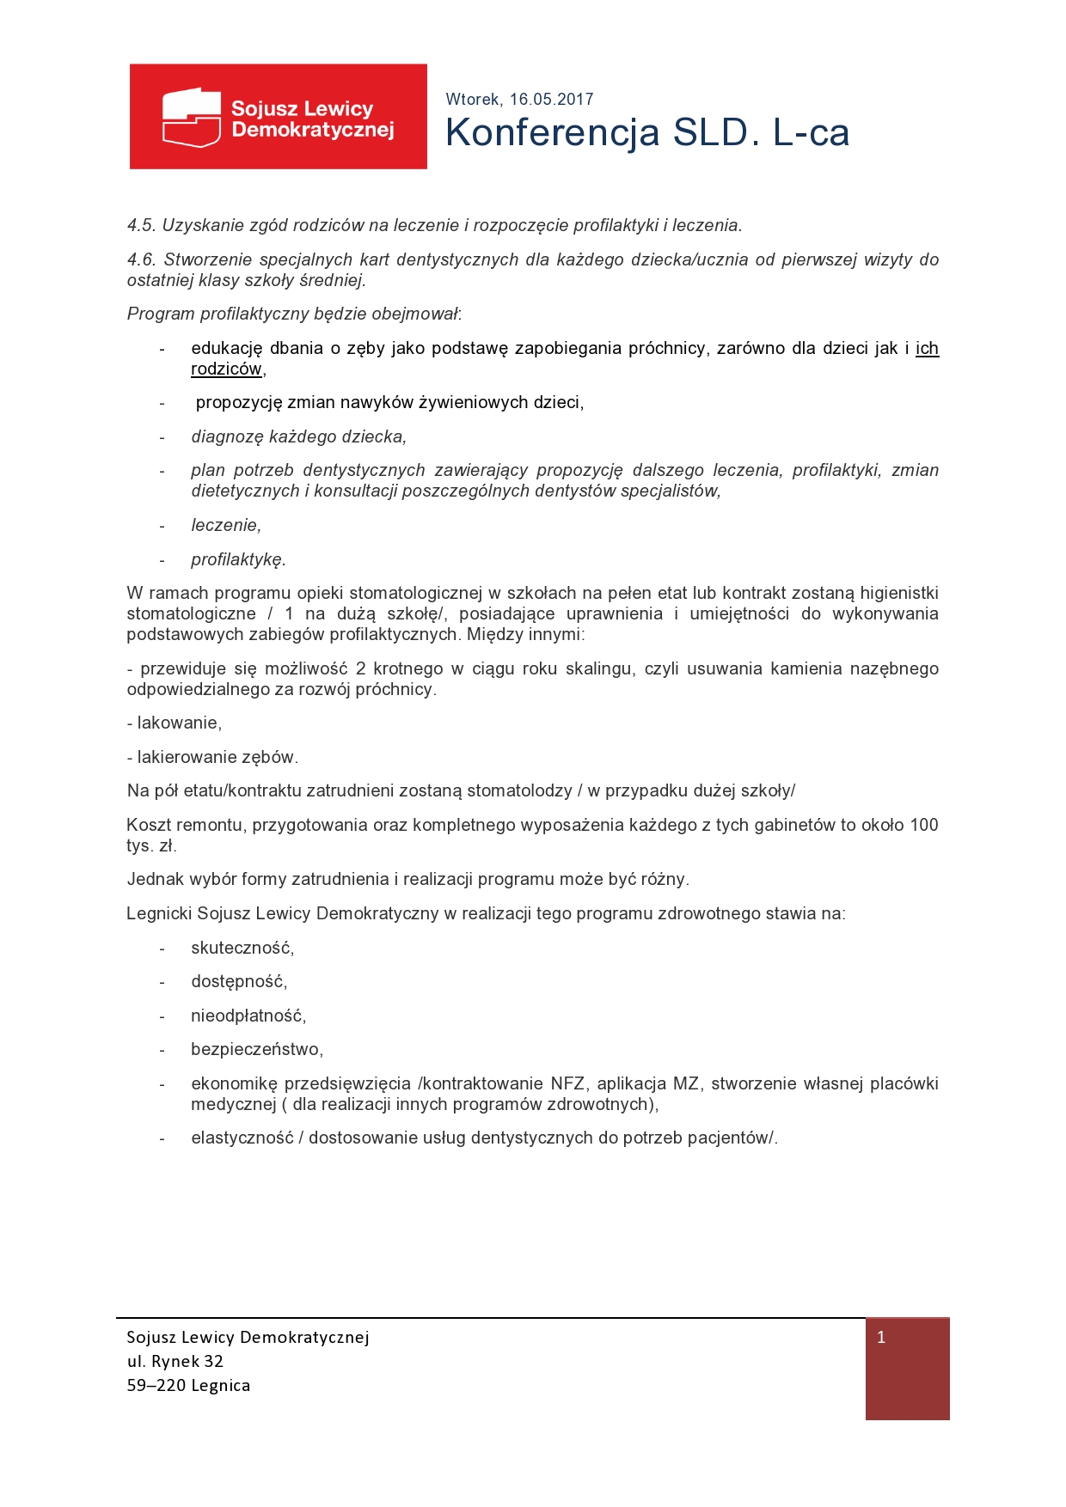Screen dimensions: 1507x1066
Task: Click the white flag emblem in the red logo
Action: click(191, 117)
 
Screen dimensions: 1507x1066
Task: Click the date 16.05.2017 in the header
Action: click(551, 100)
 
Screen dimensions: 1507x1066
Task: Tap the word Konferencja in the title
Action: click(553, 133)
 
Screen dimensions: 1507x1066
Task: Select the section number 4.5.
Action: click(141, 226)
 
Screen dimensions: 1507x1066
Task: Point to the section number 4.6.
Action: click(141, 259)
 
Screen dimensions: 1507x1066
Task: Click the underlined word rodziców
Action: click(226, 369)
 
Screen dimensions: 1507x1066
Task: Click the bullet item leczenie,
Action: click(226, 526)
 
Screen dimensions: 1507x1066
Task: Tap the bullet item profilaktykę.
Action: click(238, 560)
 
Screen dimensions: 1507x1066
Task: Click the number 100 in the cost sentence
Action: click(923, 826)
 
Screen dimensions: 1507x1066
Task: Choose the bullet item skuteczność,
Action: click(242, 949)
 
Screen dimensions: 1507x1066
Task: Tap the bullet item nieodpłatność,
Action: click(248, 1016)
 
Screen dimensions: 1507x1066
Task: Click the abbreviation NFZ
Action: click(567, 1084)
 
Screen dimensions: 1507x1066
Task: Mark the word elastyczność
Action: click(242, 1138)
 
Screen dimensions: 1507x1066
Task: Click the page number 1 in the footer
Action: click(881, 1338)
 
